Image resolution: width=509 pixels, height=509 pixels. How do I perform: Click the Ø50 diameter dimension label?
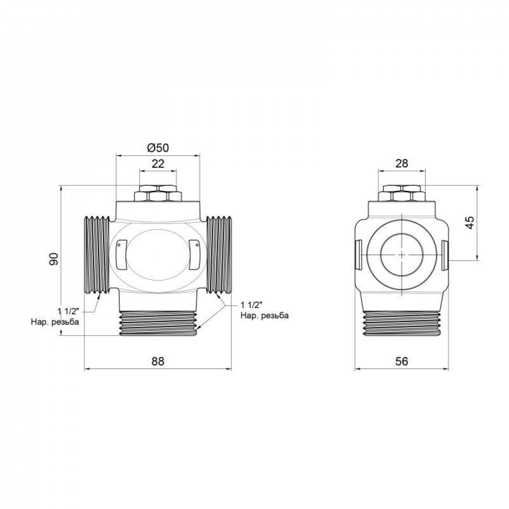pyautogui.click(x=157, y=148)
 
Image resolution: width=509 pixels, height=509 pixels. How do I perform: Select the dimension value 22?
pyautogui.click(x=158, y=163)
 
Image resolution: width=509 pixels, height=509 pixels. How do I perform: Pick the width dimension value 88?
pyautogui.click(x=158, y=361)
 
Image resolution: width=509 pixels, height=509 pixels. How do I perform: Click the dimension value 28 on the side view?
pyautogui.click(x=402, y=163)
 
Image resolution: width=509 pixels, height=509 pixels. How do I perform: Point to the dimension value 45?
pyautogui.click(x=470, y=222)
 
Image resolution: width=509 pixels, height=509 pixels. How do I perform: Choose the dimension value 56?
pyautogui.click(x=402, y=361)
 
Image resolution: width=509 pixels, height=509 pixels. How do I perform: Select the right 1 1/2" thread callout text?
pyautogui.click(x=250, y=305)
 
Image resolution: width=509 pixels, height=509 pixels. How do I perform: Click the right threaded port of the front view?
pyautogui.click(x=219, y=255)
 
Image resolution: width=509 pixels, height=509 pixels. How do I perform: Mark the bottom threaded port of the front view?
pyautogui.click(x=158, y=323)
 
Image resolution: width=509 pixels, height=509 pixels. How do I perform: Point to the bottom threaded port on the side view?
pyautogui.click(x=402, y=323)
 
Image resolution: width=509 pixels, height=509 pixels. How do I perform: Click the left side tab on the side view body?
pyautogui.click(x=357, y=254)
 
